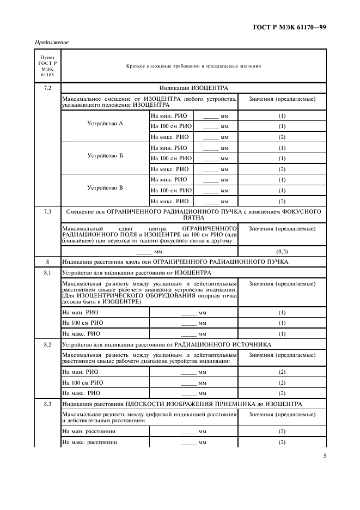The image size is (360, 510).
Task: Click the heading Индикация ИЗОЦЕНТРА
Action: point(193,88)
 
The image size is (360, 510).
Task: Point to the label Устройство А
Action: point(105,124)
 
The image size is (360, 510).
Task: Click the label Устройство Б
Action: point(105,156)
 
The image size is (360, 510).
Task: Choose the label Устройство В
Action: point(105,188)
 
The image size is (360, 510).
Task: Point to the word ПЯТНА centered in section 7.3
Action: point(193,217)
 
